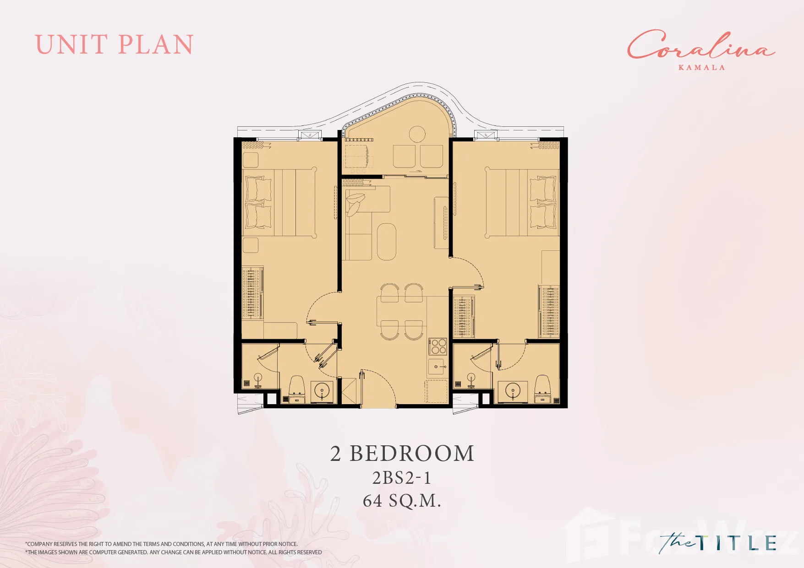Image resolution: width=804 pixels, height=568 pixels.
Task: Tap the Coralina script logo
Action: pos(701,45)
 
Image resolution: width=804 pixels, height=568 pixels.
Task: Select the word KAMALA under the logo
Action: pos(701,67)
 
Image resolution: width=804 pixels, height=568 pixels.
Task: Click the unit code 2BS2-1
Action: pos(402,478)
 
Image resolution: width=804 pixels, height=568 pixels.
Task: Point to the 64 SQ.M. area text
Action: pos(402,501)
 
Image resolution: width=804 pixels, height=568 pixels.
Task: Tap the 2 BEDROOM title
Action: pos(402,454)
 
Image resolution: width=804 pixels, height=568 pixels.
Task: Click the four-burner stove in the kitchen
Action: pos(438,346)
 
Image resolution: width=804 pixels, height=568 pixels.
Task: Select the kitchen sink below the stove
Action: pos(437,366)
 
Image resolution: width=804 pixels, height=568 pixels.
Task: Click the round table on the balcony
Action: pos(417,135)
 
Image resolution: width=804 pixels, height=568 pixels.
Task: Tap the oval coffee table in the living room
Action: pos(387,242)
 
